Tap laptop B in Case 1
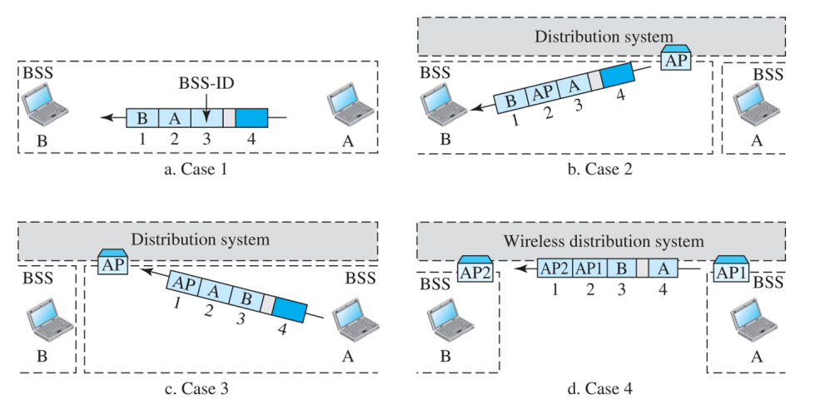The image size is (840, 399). point(42,104)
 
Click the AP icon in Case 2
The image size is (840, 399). point(675,60)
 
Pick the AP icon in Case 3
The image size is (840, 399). point(112,264)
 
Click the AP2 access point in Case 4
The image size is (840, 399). point(475,269)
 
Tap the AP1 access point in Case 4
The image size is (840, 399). point(730,269)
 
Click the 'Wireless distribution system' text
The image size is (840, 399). point(604,242)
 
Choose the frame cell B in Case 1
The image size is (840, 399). point(142,117)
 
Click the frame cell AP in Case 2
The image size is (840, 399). point(543,93)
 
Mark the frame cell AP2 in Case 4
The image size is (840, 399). point(554,268)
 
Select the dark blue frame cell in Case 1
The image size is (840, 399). point(252,117)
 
